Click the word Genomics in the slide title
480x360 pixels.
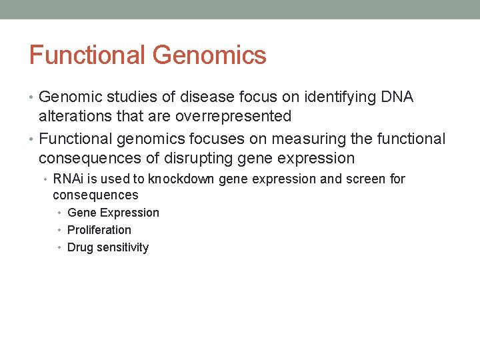(209, 56)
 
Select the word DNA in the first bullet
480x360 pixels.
(397, 97)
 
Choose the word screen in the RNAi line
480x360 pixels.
(365, 179)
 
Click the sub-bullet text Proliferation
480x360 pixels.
(99, 230)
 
